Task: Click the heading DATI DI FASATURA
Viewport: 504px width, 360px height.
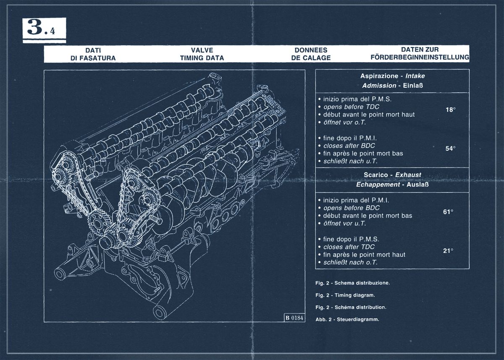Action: tap(93, 54)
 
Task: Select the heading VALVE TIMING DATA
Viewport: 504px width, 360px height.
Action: tap(202, 54)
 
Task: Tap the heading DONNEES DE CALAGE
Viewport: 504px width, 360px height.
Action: tap(311, 54)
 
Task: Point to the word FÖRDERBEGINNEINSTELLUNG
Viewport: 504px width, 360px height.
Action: tap(420, 58)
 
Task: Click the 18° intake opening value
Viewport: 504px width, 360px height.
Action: tap(451, 110)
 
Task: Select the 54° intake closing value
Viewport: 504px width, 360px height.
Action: tap(451, 148)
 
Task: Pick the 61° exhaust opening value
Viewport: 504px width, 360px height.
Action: tap(448, 212)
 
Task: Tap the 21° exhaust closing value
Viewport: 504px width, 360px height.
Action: tap(448, 251)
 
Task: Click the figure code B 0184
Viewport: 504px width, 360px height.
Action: tap(294, 317)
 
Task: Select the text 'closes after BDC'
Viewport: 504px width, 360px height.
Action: tap(349, 146)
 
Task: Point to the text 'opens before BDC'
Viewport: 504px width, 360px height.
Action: tap(351, 208)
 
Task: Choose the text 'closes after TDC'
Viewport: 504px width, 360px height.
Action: tap(349, 247)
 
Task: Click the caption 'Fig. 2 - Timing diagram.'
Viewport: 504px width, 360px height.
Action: tap(345, 295)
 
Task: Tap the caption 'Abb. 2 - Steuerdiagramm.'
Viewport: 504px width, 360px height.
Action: tap(347, 319)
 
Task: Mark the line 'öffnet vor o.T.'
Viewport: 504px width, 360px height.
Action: tap(344, 122)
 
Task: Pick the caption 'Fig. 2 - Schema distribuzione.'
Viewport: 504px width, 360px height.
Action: tap(353, 283)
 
